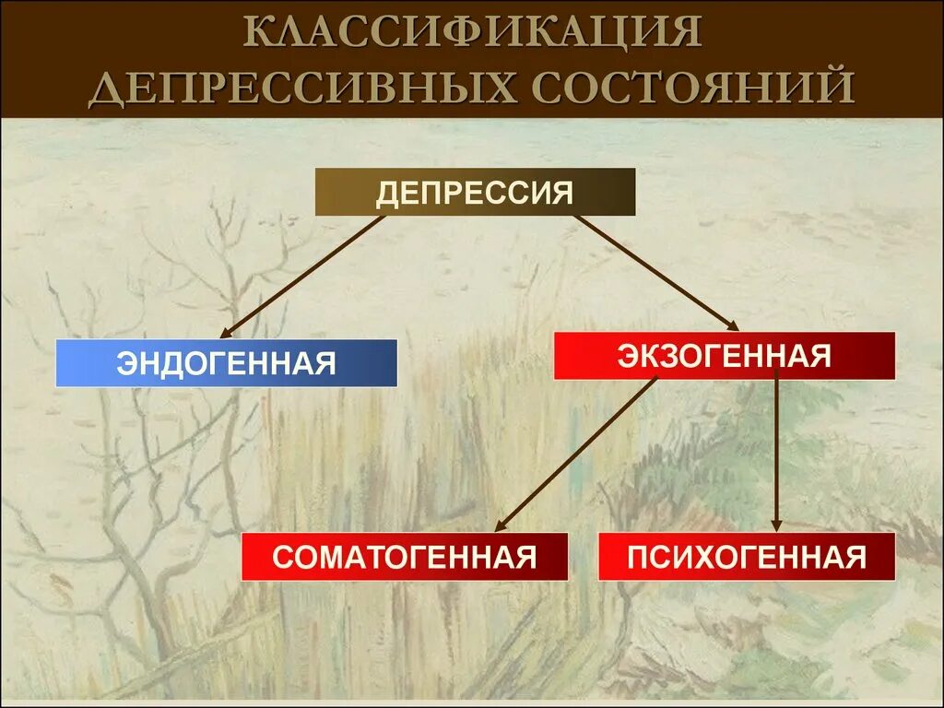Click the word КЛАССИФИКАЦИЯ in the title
pos(471,34)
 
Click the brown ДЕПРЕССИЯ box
pos(475,193)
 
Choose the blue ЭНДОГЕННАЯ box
pos(226,362)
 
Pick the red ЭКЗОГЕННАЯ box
pos(724,355)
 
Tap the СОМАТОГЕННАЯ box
pos(405,557)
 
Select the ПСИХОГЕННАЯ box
pos(747,557)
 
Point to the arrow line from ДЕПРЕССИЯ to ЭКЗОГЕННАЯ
pos(655,271)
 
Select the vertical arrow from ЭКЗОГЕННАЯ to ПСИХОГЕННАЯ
pos(776,452)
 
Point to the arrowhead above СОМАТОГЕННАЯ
pos(501,527)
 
